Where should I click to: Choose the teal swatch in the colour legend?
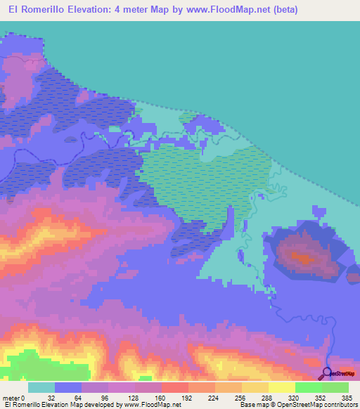pyautogui.click(x=41, y=388)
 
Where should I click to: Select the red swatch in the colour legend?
pyautogui.click(x=174, y=388)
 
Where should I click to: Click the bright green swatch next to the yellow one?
pyautogui.click(x=308, y=388)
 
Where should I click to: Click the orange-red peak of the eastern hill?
pyautogui.click(x=304, y=258)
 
